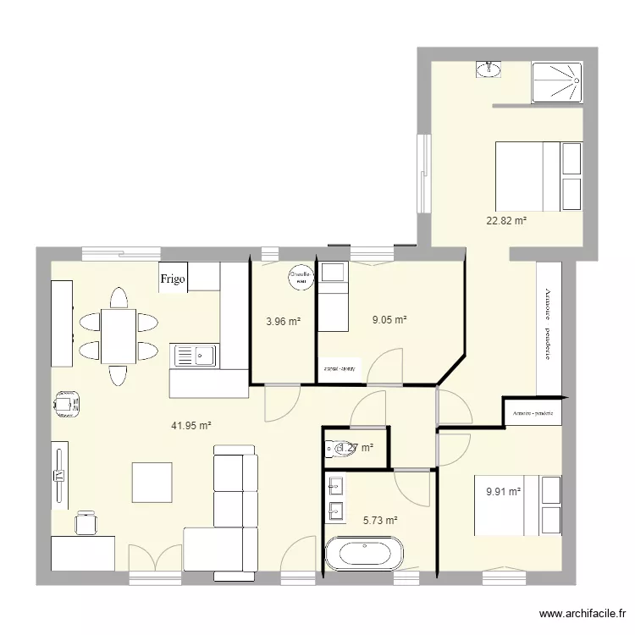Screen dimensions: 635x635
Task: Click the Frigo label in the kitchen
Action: click(x=172, y=279)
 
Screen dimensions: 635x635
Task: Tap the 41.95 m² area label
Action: click(x=190, y=426)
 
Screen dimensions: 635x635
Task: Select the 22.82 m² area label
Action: click(x=506, y=221)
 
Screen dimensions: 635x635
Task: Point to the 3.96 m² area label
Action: click(x=283, y=321)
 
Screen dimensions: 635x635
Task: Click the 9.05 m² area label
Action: click(x=389, y=320)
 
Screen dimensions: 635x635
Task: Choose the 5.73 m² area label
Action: click(x=380, y=522)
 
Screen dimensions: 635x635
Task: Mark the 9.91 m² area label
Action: click(x=503, y=490)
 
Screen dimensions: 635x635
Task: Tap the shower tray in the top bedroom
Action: click(x=557, y=82)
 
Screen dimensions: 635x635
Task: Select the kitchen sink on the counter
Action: click(x=196, y=356)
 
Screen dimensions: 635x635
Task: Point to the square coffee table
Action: click(x=152, y=483)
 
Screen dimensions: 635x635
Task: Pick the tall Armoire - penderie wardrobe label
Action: click(x=548, y=326)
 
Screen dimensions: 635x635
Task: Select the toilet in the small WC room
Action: click(x=343, y=449)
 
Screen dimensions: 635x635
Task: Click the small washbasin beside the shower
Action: click(x=487, y=69)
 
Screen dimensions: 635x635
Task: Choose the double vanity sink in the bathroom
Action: click(x=334, y=498)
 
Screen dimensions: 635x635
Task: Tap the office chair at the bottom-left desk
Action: click(x=85, y=522)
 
